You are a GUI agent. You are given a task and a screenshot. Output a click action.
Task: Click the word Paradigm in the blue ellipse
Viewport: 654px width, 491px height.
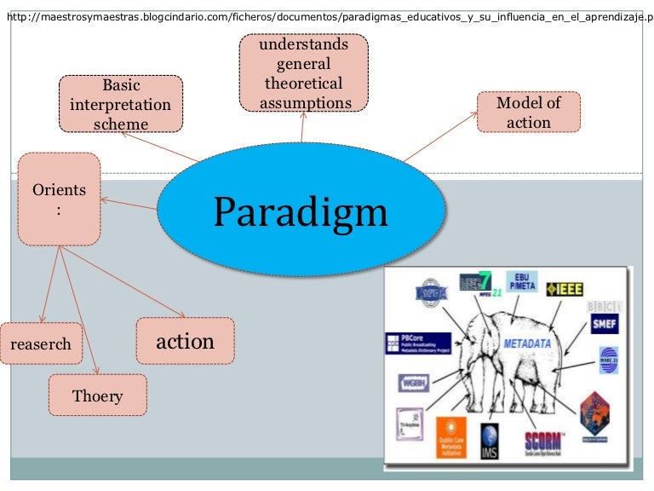[300, 211]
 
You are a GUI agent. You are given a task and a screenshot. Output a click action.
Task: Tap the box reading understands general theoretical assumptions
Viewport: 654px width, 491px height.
[303, 73]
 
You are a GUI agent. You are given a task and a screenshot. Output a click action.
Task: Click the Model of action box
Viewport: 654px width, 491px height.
[529, 112]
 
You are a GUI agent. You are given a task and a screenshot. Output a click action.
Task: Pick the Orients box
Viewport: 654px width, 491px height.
[59, 199]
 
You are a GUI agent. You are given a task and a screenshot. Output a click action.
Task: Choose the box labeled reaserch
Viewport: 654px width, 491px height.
[41, 344]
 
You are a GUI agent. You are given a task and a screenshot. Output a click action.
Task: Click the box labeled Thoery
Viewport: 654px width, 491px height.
[97, 396]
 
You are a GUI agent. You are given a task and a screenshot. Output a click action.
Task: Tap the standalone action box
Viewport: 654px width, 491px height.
[185, 341]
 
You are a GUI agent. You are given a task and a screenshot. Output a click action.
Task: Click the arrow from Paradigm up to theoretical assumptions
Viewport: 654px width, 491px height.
[302, 128]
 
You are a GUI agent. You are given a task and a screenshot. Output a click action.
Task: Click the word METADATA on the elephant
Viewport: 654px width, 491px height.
[528, 344]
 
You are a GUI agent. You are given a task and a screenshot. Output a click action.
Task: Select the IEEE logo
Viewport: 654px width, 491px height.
[565, 290]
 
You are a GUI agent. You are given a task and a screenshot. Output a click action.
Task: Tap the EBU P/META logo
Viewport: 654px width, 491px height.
[522, 281]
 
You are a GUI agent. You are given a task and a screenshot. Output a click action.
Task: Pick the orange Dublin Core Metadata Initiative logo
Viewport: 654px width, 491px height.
[450, 436]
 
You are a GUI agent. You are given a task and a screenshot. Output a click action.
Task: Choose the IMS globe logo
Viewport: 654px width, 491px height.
[490, 439]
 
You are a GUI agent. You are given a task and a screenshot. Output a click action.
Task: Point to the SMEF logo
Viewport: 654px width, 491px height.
[605, 324]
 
